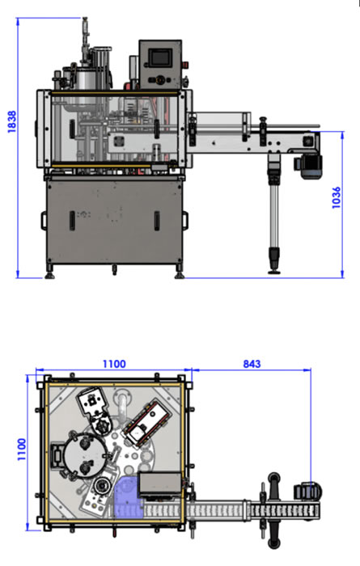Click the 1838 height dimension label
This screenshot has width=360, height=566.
(x=12, y=121)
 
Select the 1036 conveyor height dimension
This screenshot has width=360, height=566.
(x=336, y=197)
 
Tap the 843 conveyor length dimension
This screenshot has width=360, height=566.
(x=252, y=364)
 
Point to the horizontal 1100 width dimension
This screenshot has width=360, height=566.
(x=114, y=364)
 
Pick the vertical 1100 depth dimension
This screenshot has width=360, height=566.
(x=22, y=450)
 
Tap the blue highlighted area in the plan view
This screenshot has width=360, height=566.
(x=127, y=496)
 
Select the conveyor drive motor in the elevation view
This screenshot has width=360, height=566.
(x=310, y=167)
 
